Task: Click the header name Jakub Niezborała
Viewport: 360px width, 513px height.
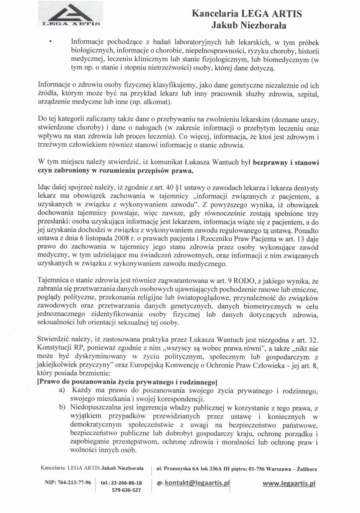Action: (x=249, y=25)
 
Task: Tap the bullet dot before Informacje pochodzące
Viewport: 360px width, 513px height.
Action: (x=50, y=42)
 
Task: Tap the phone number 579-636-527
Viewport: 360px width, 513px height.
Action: (x=126, y=490)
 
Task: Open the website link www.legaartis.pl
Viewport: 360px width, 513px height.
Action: (x=289, y=483)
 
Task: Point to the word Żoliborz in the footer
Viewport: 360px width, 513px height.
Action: (x=306, y=469)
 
